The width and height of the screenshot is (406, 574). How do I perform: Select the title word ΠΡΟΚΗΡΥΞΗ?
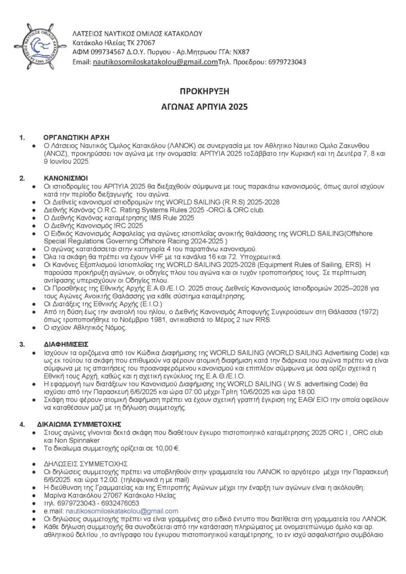[203, 90]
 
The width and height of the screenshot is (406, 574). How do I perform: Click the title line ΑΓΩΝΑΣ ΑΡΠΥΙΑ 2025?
[203, 105]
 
